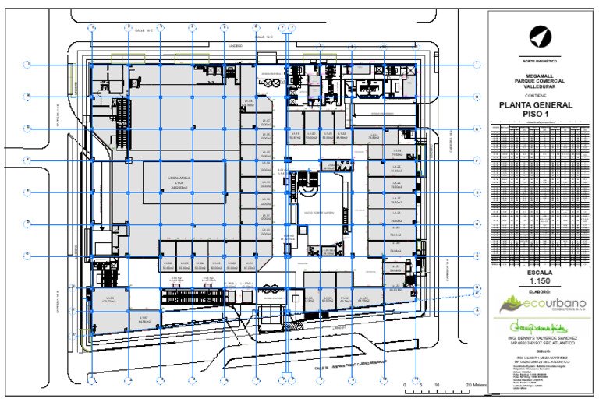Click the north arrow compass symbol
coord(538,35)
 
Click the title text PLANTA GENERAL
coord(535,105)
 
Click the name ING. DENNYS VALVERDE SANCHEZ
coord(538,338)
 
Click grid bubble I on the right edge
coord(476,65)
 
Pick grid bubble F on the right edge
coord(476,160)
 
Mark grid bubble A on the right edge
coord(476,310)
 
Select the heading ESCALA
coord(539,273)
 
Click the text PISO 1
coord(535,115)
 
